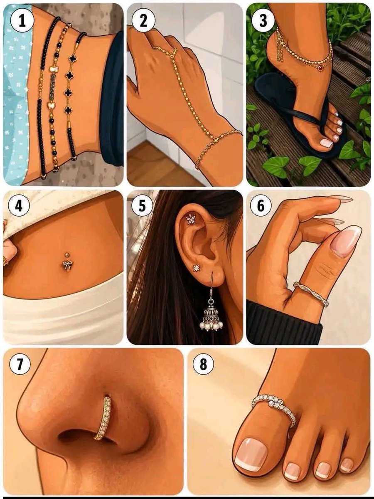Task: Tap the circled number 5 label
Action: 142,205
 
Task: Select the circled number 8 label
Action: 203,365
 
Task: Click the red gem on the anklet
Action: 320,67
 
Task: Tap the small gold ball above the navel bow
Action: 67,254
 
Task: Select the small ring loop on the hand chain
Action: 173,55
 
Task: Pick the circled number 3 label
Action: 263,21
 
